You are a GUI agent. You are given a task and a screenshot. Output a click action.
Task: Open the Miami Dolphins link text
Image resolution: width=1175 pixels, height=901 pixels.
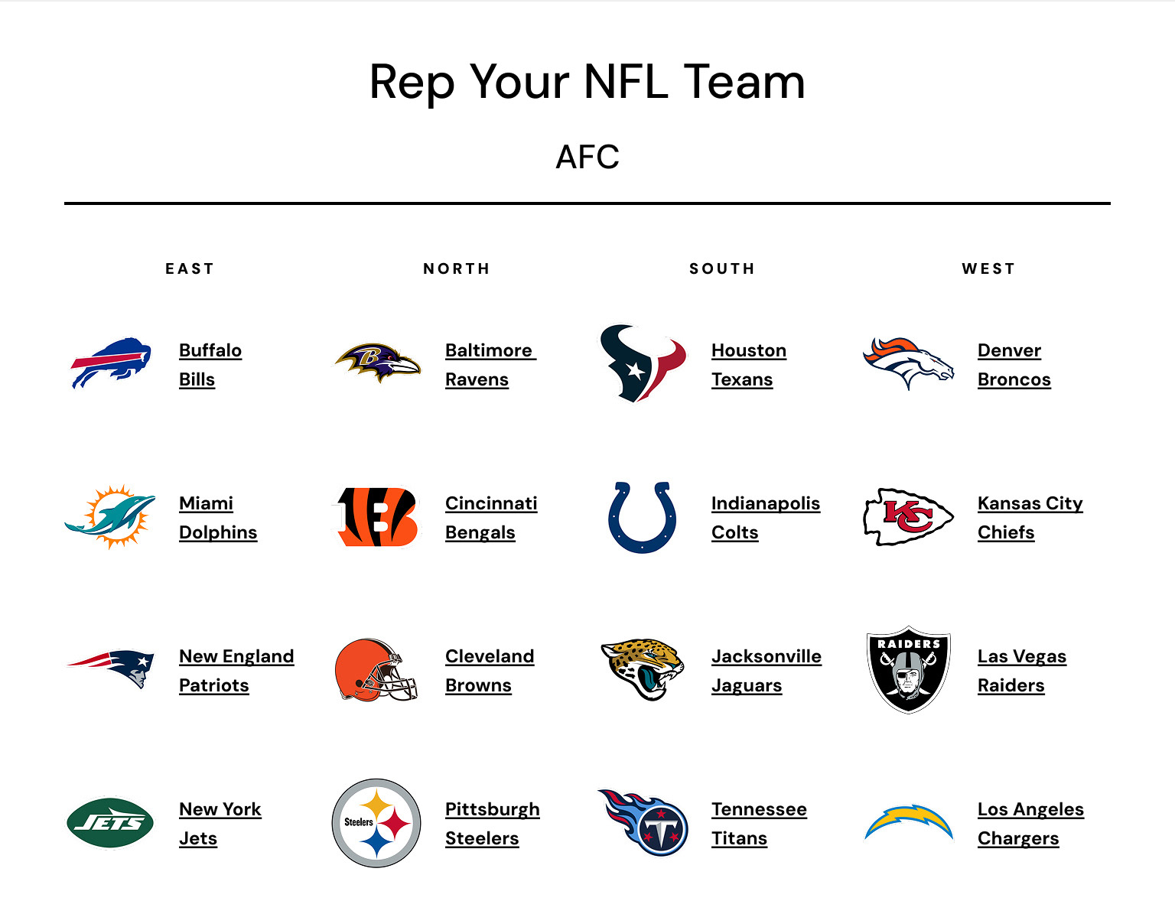point(217,518)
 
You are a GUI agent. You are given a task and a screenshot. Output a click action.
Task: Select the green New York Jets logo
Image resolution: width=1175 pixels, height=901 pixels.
point(110,823)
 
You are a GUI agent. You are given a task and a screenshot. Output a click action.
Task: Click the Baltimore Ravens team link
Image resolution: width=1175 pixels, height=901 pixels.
point(490,365)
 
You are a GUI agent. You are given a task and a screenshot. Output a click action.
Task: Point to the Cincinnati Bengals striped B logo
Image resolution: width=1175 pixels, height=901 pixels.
point(377,517)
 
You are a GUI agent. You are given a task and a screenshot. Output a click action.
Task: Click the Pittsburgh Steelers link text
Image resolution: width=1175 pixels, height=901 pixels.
point(492,824)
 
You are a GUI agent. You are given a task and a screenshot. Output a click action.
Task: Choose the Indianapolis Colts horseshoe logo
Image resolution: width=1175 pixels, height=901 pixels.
point(643,517)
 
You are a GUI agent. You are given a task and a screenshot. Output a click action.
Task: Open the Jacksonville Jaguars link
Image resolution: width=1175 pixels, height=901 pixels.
point(766,671)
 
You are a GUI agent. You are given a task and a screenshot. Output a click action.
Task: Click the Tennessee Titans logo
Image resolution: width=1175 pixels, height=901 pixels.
point(643,822)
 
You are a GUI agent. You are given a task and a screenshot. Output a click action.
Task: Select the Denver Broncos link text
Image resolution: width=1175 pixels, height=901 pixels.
point(1014,365)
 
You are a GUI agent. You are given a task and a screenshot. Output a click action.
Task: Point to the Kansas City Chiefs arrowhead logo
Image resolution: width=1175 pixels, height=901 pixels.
point(908,516)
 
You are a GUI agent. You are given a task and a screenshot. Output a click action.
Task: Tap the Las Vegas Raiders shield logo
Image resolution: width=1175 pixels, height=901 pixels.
point(908,670)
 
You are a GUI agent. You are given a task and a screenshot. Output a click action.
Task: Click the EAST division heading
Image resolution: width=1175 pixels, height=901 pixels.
point(190,268)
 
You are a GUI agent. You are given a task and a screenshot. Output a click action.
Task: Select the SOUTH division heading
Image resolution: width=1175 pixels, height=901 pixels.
point(722,268)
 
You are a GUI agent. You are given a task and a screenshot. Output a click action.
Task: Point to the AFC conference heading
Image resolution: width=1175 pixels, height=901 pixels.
point(587,157)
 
